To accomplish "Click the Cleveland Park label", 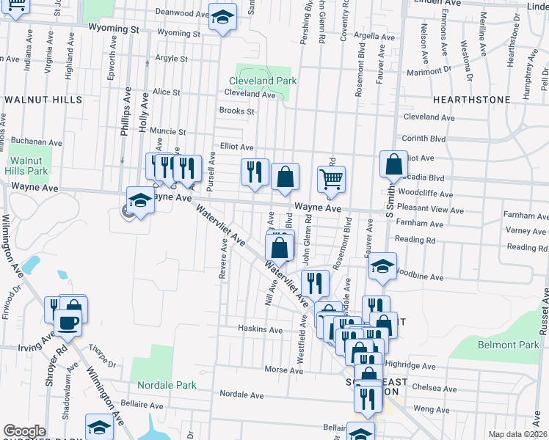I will coord(262,81).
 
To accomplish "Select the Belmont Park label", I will coord(508,345).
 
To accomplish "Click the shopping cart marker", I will coord(331,179).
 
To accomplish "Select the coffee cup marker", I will coord(68,323).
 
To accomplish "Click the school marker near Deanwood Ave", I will coord(222,17).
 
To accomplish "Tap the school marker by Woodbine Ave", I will coord(382,268).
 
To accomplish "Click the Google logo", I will coord(24,431).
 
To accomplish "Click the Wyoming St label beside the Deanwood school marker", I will coord(178,34).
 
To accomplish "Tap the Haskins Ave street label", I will coord(260,330).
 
